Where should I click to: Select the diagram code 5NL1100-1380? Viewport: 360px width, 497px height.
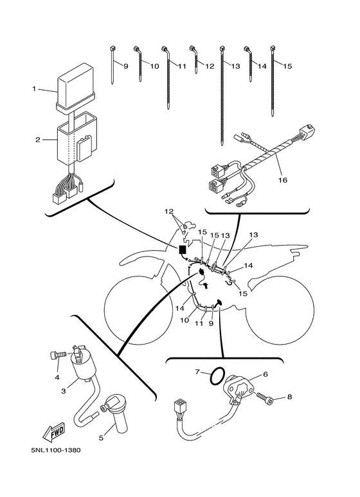pyautogui.click(x=56, y=450)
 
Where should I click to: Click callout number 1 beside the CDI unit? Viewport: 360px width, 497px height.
pyautogui.click(x=34, y=89)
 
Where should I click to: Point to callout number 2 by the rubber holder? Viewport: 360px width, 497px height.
pyautogui.click(x=38, y=140)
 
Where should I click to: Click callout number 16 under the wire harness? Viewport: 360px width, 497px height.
pyautogui.click(x=283, y=180)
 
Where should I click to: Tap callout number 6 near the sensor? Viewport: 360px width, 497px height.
pyautogui.click(x=265, y=374)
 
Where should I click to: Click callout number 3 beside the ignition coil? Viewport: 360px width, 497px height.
pyautogui.click(x=64, y=391)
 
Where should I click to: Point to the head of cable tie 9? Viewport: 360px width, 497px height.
pyautogui.click(x=112, y=49)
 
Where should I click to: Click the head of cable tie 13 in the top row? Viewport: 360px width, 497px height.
pyautogui.click(x=222, y=49)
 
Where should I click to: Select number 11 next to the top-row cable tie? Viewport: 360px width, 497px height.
pyautogui.click(x=181, y=66)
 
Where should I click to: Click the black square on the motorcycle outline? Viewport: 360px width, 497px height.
pyautogui.click(x=183, y=249)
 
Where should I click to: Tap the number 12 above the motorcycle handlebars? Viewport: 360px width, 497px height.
pyautogui.click(x=169, y=211)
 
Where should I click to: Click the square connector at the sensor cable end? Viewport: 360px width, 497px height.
pyautogui.click(x=178, y=407)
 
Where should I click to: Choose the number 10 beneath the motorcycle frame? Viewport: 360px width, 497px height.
pyautogui.click(x=184, y=320)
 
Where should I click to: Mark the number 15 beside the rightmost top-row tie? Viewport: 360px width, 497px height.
pyautogui.click(x=287, y=66)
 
